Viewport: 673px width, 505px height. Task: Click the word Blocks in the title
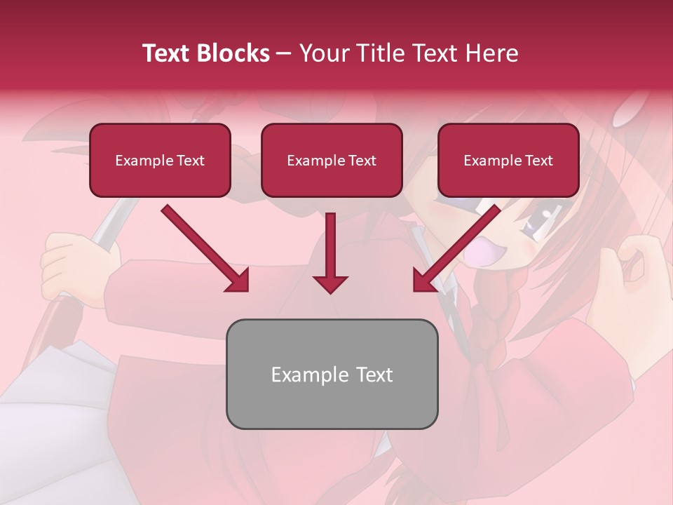pyautogui.click(x=233, y=53)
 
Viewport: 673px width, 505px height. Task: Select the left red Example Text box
pyautogui.click(x=160, y=161)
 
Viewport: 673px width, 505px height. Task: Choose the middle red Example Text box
pyautogui.click(x=332, y=161)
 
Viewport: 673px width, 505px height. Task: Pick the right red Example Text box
pyautogui.click(x=508, y=161)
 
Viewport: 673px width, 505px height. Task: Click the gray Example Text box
pyautogui.click(x=332, y=374)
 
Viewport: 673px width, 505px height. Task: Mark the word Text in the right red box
pyautogui.click(x=538, y=161)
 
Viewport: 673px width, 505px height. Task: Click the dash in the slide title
pyautogui.click(x=284, y=54)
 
